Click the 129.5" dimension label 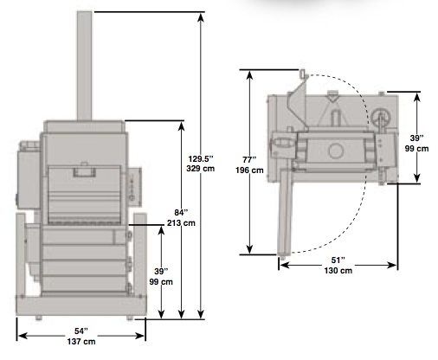click(x=201, y=159)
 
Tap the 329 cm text click(x=201, y=169)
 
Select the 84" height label click(x=181, y=213)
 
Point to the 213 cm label click(x=181, y=223)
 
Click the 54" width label click(x=81, y=331)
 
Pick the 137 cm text click(x=81, y=342)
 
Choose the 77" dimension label click(x=249, y=159)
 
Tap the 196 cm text click(x=249, y=170)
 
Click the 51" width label click(x=338, y=260)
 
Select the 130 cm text click(x=338, y=271)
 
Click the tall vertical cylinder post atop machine click(x=85, y=66)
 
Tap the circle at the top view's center click(x=336, y=151)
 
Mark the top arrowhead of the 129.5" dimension click(x=201, y=17)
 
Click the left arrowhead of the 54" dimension click(x=23, y=336)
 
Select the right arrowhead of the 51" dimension click(x=392, y=265)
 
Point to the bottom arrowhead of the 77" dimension click(x=250, y=249)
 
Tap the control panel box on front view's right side click(x=135, y=187)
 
